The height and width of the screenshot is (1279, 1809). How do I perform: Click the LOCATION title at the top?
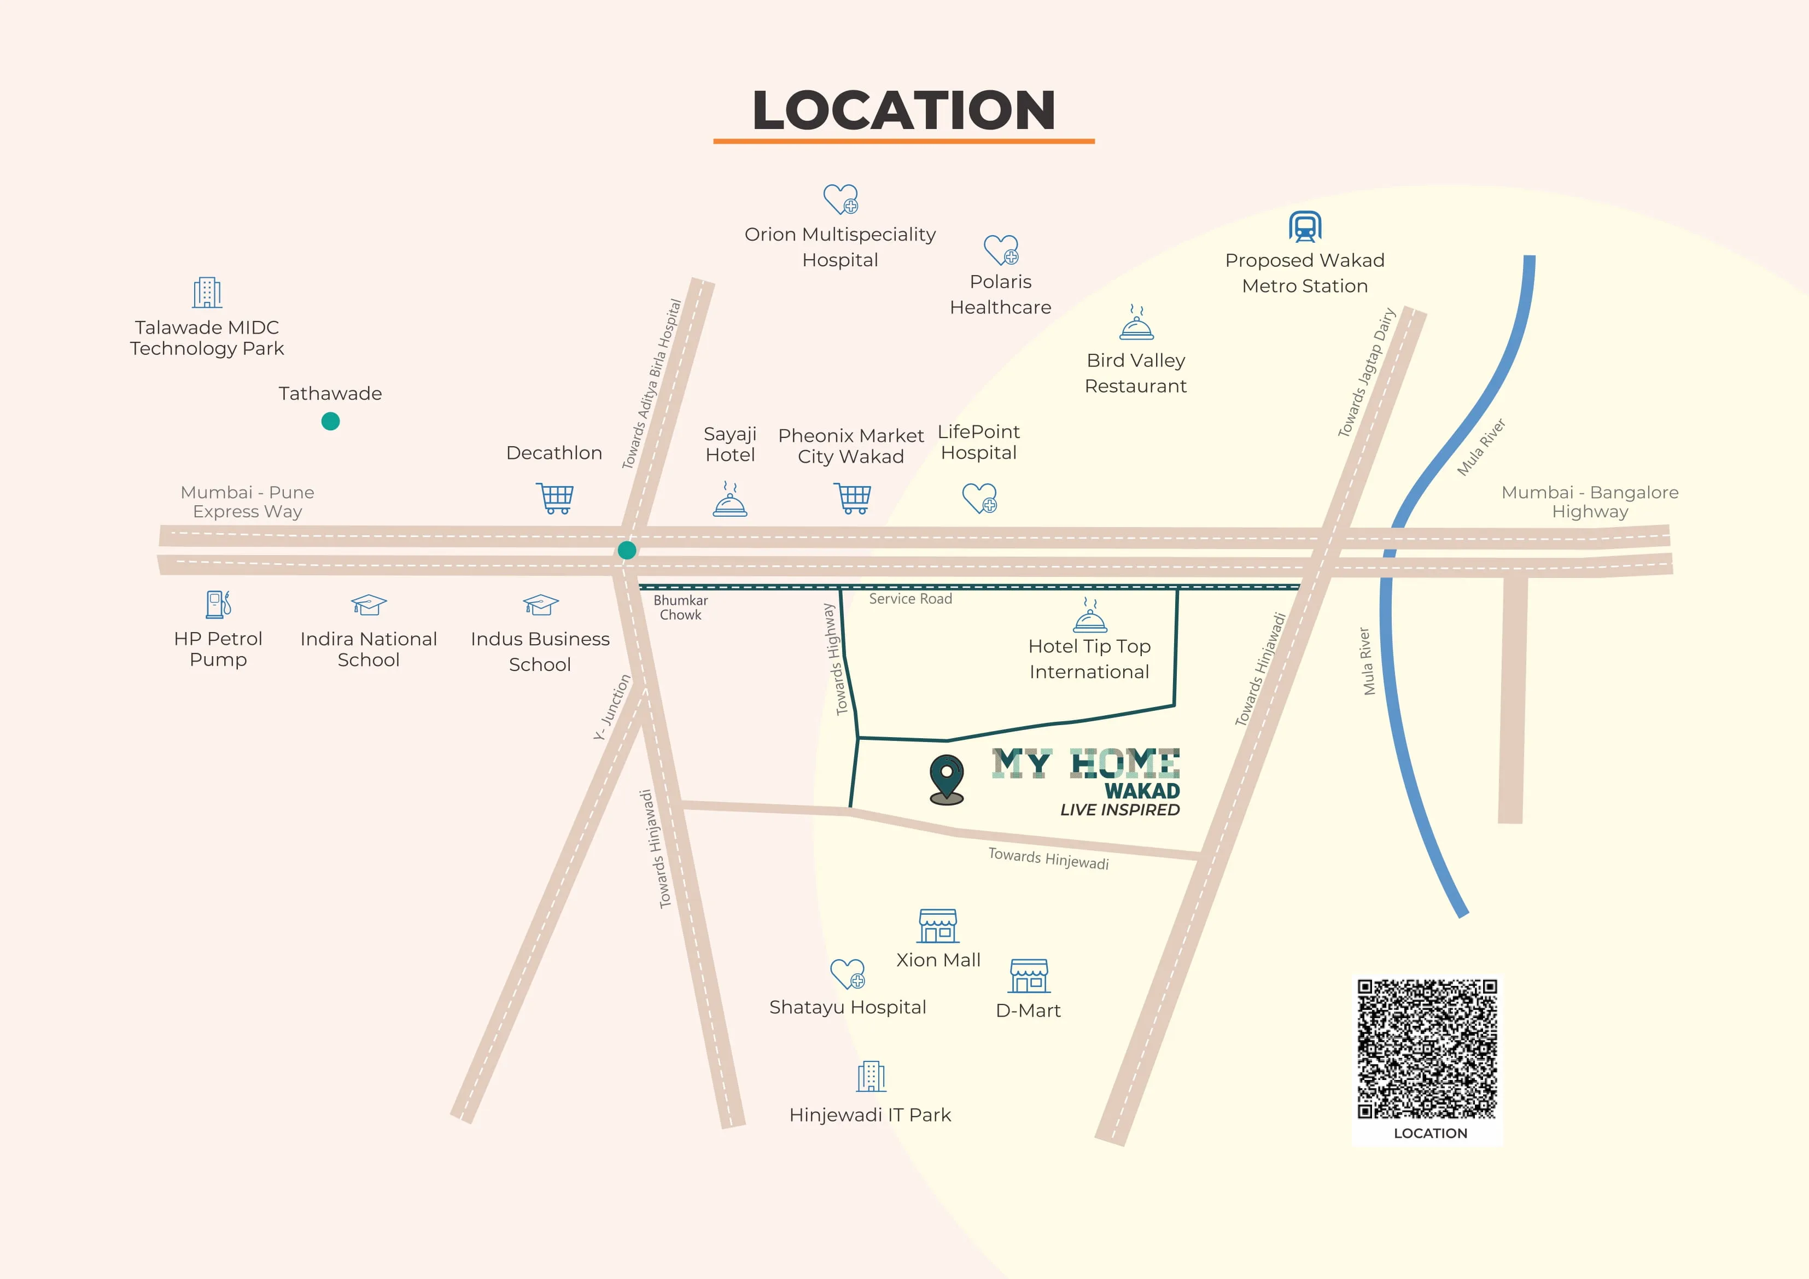pos(904,110)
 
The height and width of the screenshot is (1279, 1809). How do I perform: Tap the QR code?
pos(1427,1049)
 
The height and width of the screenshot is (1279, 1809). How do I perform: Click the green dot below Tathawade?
pos(331,422)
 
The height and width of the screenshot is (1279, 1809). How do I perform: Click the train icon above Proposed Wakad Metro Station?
pos(1305,227)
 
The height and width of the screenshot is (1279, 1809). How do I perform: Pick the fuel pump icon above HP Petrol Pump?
pos(218,604)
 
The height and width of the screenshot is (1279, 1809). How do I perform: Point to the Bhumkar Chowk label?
pos(681,608)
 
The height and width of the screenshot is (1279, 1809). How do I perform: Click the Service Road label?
pos(911,599)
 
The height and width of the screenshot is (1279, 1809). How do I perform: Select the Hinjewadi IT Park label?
pos(870,1115)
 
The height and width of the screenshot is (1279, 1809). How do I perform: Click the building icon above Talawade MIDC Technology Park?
pos(207,293)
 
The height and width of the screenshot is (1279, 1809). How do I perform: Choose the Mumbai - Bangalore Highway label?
pos(1590,502)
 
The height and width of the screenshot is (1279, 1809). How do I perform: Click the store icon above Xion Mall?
pos(938,926)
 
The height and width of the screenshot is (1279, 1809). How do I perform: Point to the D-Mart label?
pos(1028,1011)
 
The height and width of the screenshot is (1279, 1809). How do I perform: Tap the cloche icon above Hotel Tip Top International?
pos(1090,616)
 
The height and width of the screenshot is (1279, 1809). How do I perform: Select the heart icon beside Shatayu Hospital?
pos(848,974)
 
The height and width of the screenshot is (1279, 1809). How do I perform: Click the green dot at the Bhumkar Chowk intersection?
pos(627,550)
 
